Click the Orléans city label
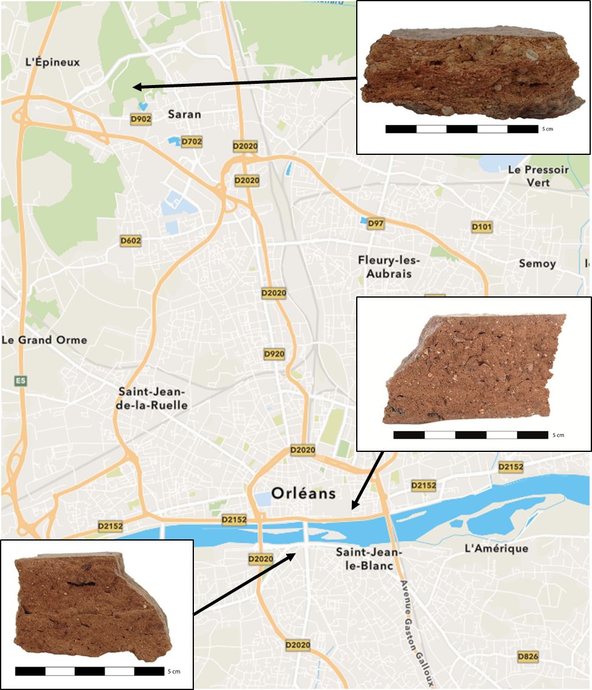pyautogui.click(x=295, y=493)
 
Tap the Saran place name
pyautogui.click(x=184, y=114)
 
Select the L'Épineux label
pyautogui.click(x=52, y=62)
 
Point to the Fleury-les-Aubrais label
pyautogui.click(x=389, y=267)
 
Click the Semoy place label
pyautogui.click(x=537, y=264)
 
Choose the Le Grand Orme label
pyautogui.click(x=44, y=340)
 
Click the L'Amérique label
pyautogui.click(x=496, y=548)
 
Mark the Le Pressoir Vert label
pyautogui.click(x=538, y=176)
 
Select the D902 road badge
pyautogui.click(x=140, y=119)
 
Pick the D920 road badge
pyautogui.click(x=274, y=354)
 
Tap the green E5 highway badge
pyautogui.click(x=21, y=381)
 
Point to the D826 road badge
pyautogui.click(x=528, y=657)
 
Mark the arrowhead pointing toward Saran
pyautogui.click(x=137, y=87)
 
